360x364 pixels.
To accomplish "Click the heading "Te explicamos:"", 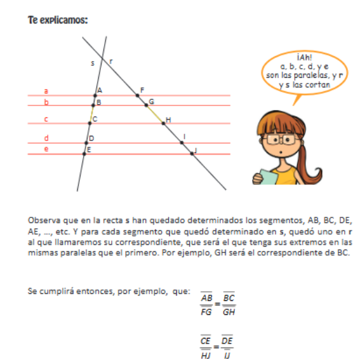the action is pyautogui.click(x=57, y=20).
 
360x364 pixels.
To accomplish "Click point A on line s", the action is pyautogui.click(x=96, y=96).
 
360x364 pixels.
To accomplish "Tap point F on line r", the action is pyautogui.click(x=137, y=96).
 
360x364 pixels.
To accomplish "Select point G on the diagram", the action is pyautogui.click(x=146, y=103).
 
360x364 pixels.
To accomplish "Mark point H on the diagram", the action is pyautogui.click(x=163, y=123).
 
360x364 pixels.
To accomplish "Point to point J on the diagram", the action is pyautogui.click(x=192, y=153).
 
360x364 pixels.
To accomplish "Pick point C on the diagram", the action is pyautogui.click(x=91, y=119).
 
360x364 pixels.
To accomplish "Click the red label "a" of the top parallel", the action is pyautogui.click(x=46, y=91).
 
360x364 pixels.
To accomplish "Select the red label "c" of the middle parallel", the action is pyautogui.click(x=46, y=119).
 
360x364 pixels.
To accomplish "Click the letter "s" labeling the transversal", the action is pyautogui.click(x=93, y=63).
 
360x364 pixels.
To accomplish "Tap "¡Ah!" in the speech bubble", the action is pyautogui.click(x=305, y=57).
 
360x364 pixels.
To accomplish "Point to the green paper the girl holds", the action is pyautogui.click(x=266, y=176).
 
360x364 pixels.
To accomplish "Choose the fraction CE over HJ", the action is pyautogui.click(x=206, y=348).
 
